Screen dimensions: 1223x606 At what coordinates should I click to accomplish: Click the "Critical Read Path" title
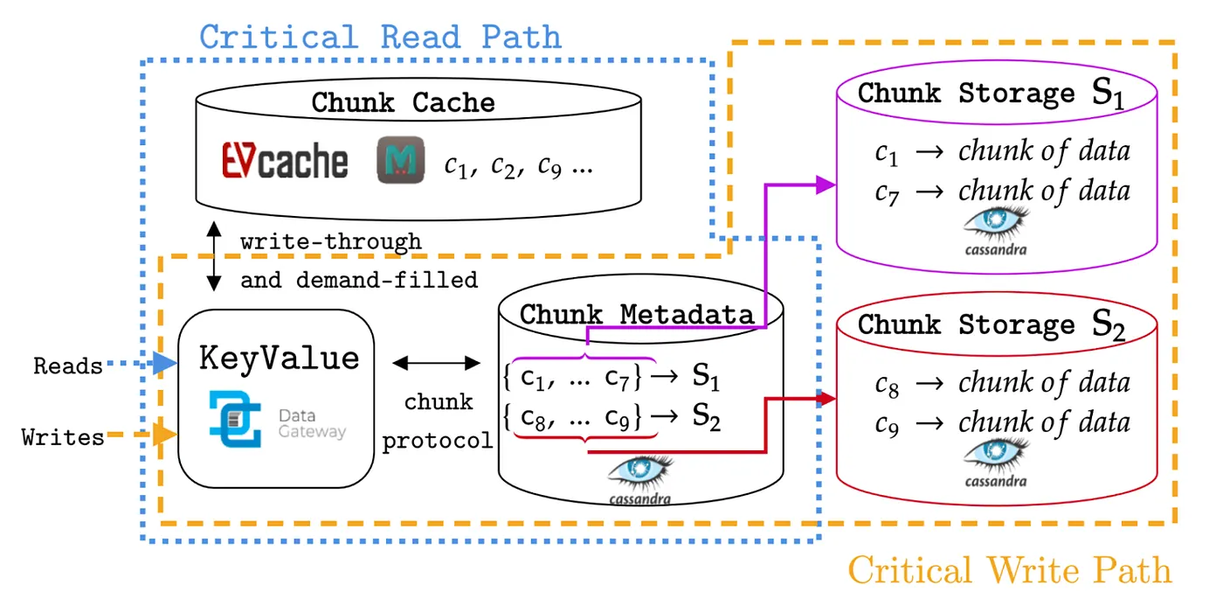point(381,37)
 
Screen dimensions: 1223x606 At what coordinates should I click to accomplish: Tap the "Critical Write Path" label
point(1010,570)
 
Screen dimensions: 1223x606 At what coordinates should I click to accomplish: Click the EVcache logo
point(285,161)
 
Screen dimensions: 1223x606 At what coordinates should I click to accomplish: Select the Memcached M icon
point(401,159)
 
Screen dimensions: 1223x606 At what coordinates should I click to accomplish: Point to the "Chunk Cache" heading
point(403,102)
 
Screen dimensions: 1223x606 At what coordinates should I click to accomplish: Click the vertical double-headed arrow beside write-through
point(214,255)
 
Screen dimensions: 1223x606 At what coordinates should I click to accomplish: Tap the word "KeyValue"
point(279,359)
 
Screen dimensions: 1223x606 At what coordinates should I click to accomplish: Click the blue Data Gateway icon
point(235,419)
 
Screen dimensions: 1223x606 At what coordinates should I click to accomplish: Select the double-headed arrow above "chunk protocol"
point(436,363)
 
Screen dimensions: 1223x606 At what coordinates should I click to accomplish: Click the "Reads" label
point(68,366)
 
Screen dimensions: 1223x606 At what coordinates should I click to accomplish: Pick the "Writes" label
point(63,438)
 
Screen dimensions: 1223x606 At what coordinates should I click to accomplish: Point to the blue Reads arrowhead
point(165,363)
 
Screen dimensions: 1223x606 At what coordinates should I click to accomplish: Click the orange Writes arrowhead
point(165,435)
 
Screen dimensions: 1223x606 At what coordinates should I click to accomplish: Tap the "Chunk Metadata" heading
point(637,314)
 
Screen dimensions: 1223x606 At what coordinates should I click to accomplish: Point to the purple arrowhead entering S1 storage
point(826,185)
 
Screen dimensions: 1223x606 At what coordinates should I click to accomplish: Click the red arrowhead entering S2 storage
point(826,399)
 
